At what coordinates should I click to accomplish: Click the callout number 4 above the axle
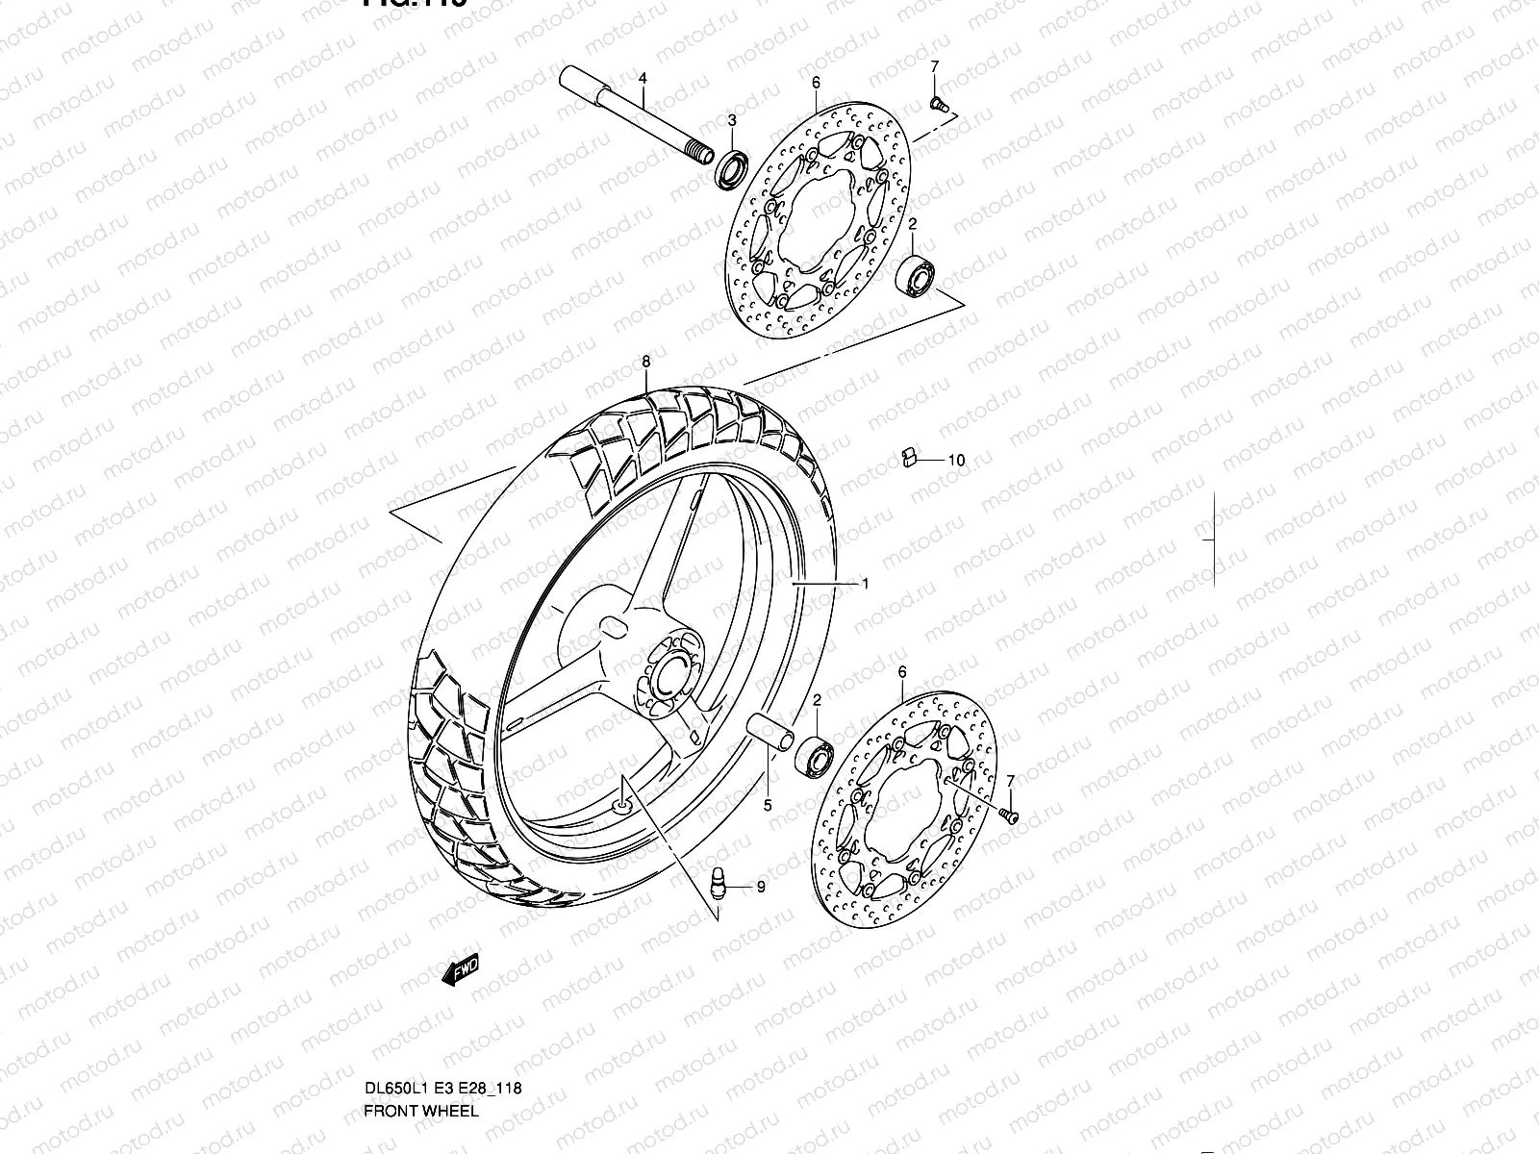click(643, 77)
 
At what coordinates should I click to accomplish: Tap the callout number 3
click(731, 120)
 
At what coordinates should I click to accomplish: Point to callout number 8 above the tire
click(646, 362)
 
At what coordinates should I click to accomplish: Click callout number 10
click(955, 461)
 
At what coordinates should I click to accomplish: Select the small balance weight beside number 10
click(906, 456)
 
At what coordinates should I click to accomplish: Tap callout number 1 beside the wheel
click(866, 583)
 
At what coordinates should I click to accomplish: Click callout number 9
click(760, 887)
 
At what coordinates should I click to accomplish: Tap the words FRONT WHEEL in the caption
click(419, 1030)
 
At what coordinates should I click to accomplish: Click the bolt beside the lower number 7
click(1009, 815)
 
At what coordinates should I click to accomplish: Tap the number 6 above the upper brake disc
click(816, 84)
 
